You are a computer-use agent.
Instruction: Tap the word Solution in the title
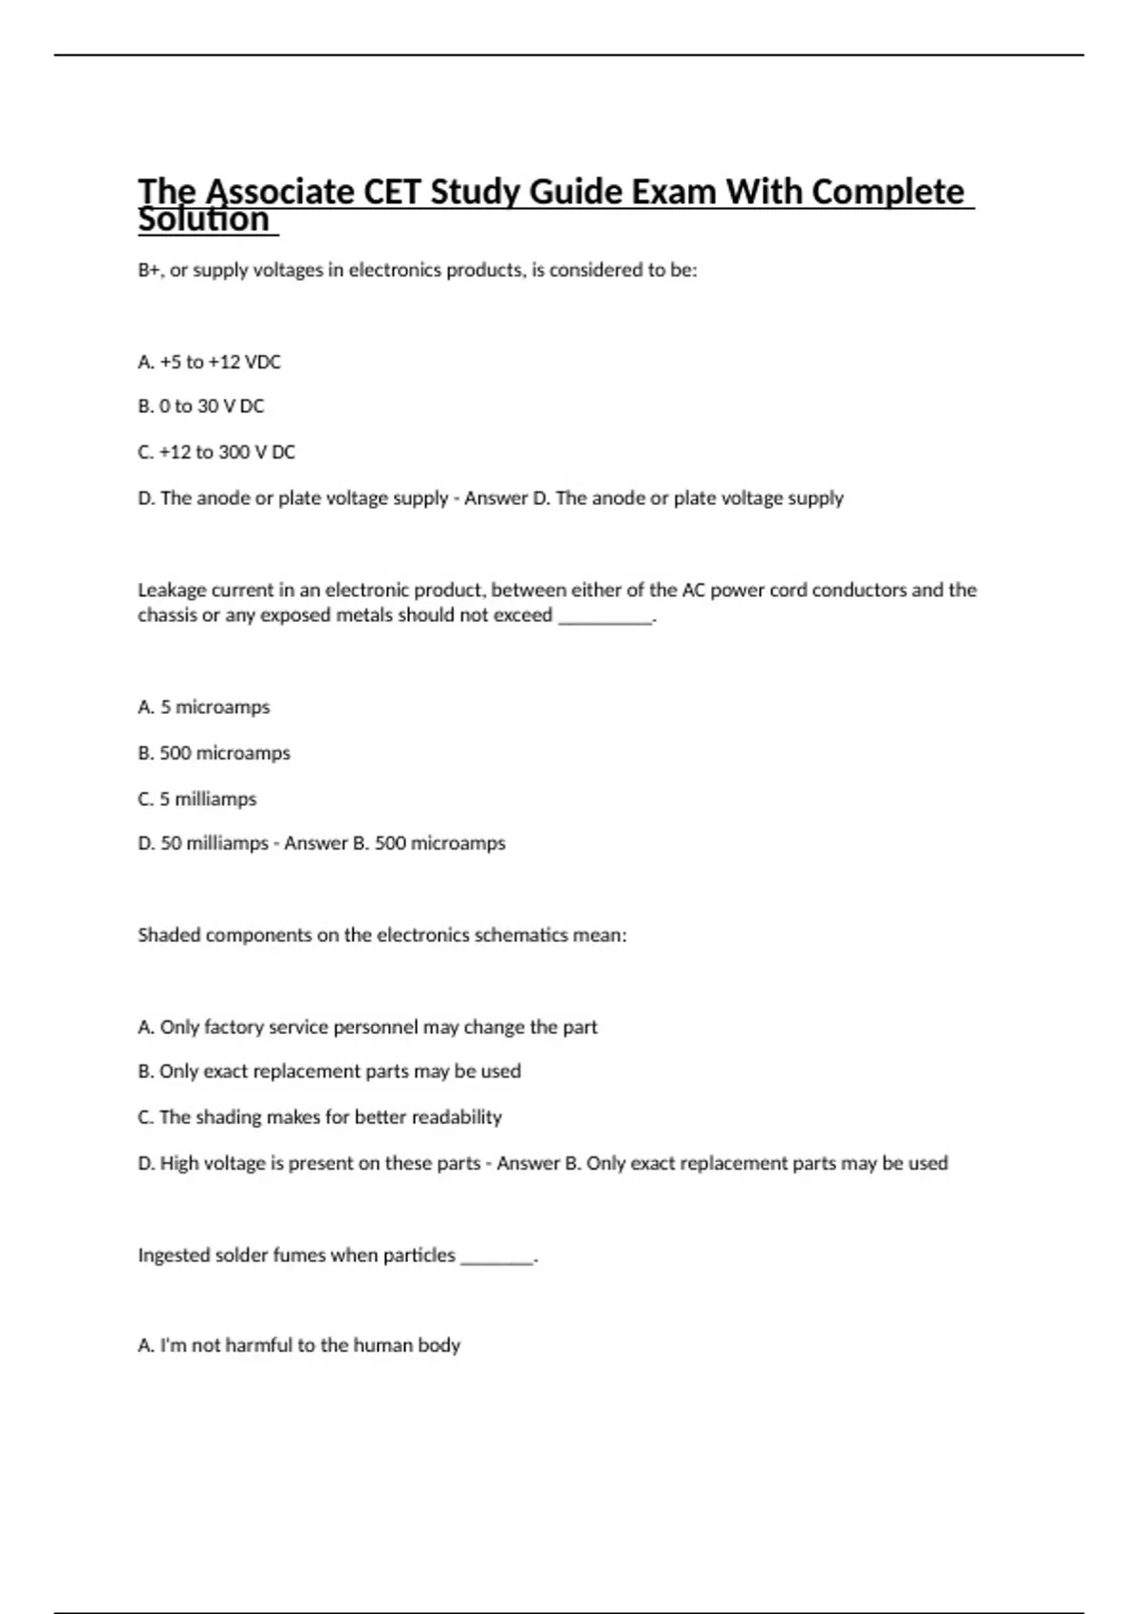pos(204,220)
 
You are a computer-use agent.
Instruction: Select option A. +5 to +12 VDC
pos(209,362)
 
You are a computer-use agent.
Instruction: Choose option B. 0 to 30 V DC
pos(200,406)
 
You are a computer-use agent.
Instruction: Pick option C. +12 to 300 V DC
pos(216,452)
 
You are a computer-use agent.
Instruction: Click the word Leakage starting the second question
pos(170,590)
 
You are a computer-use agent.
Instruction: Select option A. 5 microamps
pos(203,707)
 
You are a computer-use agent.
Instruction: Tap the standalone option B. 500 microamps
pos(214,753)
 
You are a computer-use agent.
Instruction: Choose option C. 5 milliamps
pos(196,799)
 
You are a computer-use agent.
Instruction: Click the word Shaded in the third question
pos(169,935)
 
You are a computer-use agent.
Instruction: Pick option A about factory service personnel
pos(367,1027)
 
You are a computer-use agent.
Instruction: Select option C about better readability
pos(320,1117)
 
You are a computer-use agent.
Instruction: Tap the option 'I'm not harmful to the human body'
pos(299,1345)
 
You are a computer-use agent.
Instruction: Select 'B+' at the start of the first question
pos(149,271)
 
